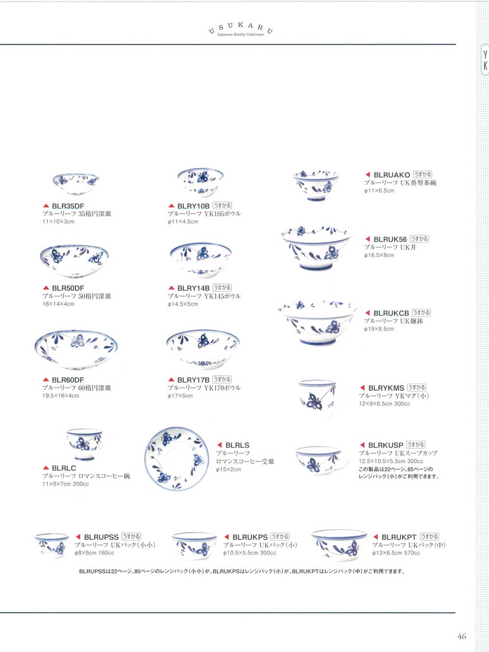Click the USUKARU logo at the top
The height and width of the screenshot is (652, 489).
(x=241, y=30)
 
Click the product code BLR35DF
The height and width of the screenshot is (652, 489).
(x=68, y=206)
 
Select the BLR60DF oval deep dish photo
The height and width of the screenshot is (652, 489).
(x=76, y=350)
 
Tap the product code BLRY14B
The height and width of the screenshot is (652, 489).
(x=193, y=288)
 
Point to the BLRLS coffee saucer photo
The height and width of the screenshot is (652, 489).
(x=177, y=459)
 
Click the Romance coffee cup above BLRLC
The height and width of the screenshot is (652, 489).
(x=85, y=444)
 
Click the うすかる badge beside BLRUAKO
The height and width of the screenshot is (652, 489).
(x=423, y=174)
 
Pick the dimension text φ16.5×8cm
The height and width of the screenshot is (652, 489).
(x=379, y=255)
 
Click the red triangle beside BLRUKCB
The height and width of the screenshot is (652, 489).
(x=368, y=313)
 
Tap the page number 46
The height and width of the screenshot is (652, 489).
(x=462, y=636)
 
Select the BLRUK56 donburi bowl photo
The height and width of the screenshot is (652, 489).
(x=316, y=248)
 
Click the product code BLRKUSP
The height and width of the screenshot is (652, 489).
(x=386, y=445)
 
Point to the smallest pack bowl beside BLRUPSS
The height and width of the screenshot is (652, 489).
(x=51, y=545)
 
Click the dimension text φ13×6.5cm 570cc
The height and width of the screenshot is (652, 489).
(x=396, y=553)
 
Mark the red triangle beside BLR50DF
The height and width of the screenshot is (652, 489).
(x=46, y=288)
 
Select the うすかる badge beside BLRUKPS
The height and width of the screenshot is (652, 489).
(x=280, y=537)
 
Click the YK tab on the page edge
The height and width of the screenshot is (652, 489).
(x=485, y=59)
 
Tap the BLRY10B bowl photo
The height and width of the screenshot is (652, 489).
(x=201, y=182)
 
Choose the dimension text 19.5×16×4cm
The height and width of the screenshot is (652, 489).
(x=61, y=396)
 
